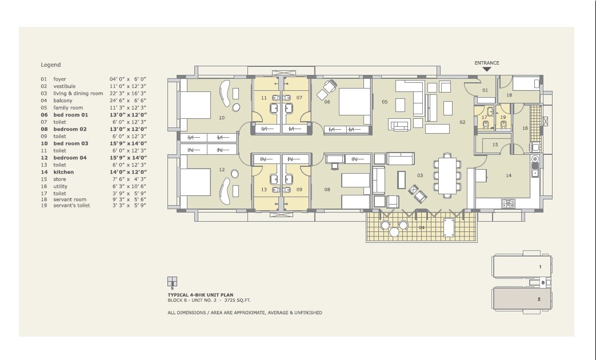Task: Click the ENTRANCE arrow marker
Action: [487, 69]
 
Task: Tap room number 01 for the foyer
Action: [485, 90]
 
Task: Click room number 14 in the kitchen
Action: [508, 175]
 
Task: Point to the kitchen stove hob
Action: [508, 202]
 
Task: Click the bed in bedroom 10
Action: [195, 105]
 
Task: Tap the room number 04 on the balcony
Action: [421, 227]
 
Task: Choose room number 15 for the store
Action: [495, 145]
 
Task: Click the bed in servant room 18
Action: [526, 84]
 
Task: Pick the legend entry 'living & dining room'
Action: [78, 93]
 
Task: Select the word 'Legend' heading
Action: [50, 65]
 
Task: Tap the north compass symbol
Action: [172, 282]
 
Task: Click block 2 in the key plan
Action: [523, 298]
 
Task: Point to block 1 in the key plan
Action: [523, 267]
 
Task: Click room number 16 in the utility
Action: [525, 129]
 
